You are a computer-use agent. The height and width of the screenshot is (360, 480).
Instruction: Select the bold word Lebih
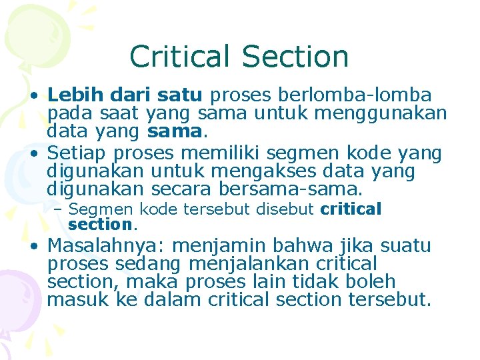[71, 95]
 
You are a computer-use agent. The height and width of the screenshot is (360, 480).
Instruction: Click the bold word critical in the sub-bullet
[351, 209]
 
